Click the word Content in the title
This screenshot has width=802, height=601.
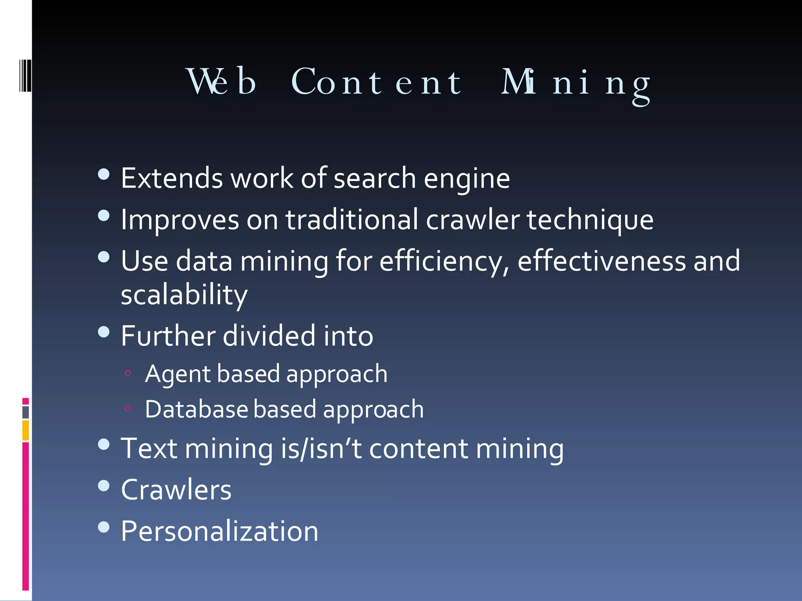coord(377,82)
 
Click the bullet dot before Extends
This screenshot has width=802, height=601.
coord(104,174)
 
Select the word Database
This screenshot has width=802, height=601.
coord(197,409)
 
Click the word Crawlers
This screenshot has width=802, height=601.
coord(176,490)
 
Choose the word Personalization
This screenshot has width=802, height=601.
coord(220,531)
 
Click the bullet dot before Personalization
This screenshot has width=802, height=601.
coord(104,527)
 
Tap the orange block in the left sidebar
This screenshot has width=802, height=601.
coord(25,430)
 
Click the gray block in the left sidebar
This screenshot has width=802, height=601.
coord(25,412)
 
